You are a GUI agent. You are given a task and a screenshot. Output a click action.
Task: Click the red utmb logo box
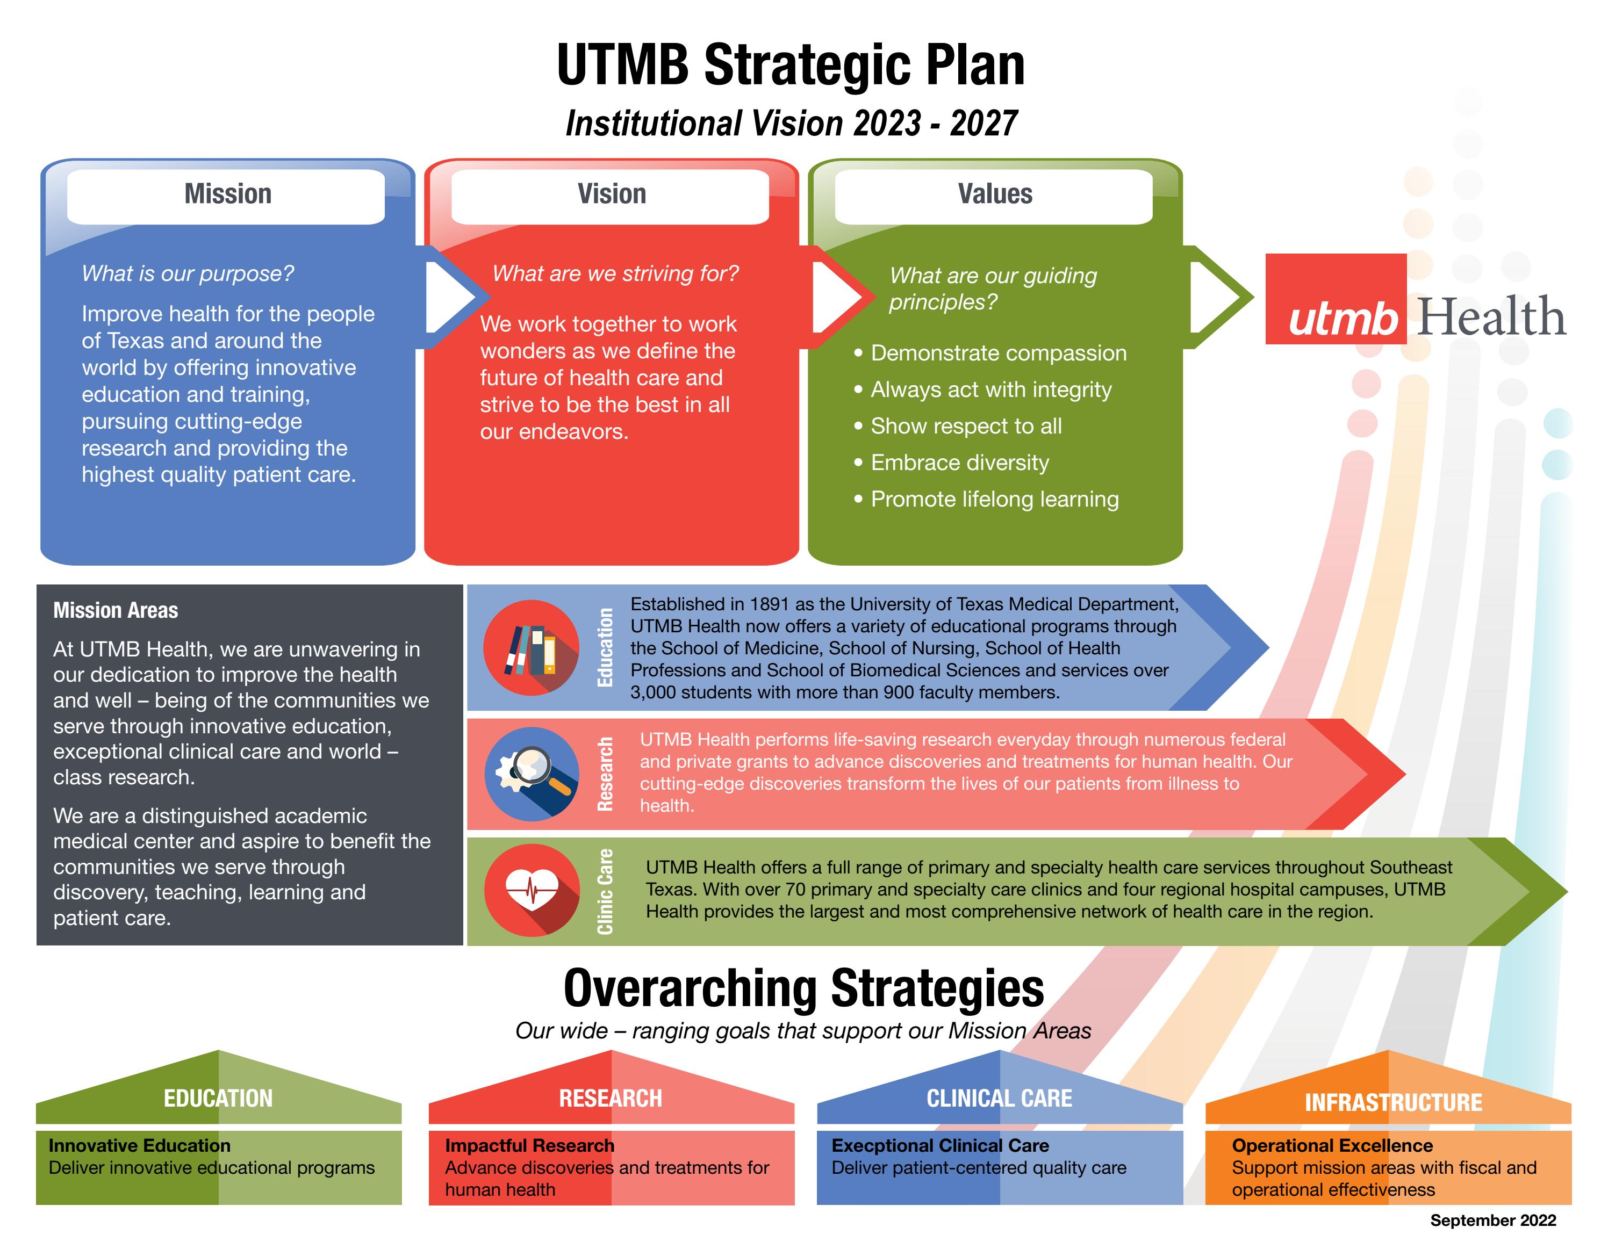1336,299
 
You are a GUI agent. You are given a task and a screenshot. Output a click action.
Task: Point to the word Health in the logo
1491,316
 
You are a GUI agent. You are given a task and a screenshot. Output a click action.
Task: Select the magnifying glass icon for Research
531,774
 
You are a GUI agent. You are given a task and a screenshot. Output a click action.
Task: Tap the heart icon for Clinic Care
532,890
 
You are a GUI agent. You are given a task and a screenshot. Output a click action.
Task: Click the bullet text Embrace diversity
959,463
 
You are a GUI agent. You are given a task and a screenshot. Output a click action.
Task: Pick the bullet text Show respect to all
966,426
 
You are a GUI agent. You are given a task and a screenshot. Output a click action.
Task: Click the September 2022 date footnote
1493,1221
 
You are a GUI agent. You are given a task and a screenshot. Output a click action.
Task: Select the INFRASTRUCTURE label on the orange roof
1393,1103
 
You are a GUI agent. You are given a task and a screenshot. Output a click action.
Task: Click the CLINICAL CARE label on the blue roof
999,1099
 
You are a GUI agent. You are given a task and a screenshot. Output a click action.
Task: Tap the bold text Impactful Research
529,1146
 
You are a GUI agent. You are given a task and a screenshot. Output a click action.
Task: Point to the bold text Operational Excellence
1332,1146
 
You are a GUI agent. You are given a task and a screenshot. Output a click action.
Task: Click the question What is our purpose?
188,274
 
